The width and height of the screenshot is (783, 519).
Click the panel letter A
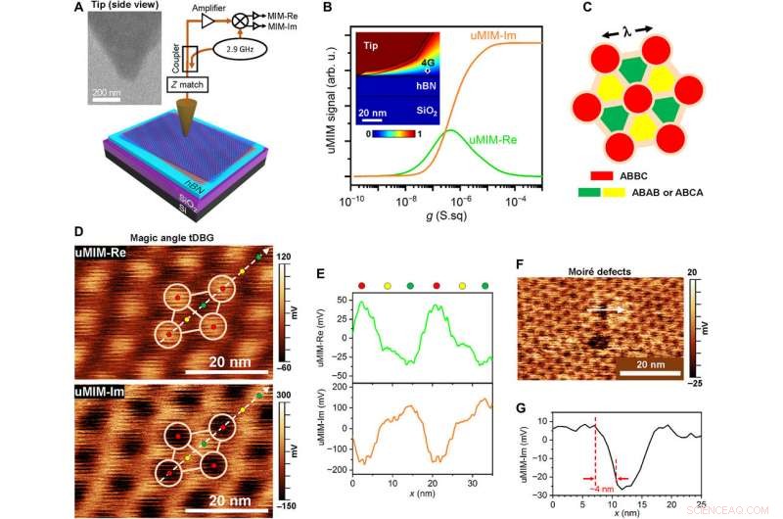[78, 11]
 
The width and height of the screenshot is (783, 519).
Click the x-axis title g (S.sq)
[442, 219]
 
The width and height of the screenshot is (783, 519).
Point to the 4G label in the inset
[427, 61]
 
